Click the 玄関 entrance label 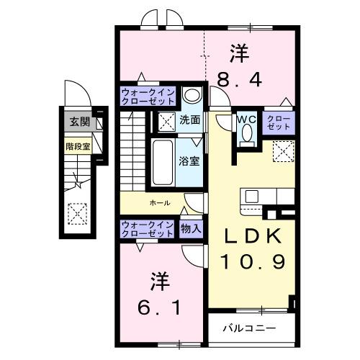point(76,122)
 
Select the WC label point(245,120)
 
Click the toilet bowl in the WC point(247,135)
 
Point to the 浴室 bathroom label point(189,160)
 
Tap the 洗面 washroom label point(190,120)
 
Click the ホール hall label point(160,203)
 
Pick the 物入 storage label point(192,229)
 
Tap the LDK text point(248,238)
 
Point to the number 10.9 point(248,264)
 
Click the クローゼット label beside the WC point(279,122)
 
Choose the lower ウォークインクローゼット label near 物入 point(147,229)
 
